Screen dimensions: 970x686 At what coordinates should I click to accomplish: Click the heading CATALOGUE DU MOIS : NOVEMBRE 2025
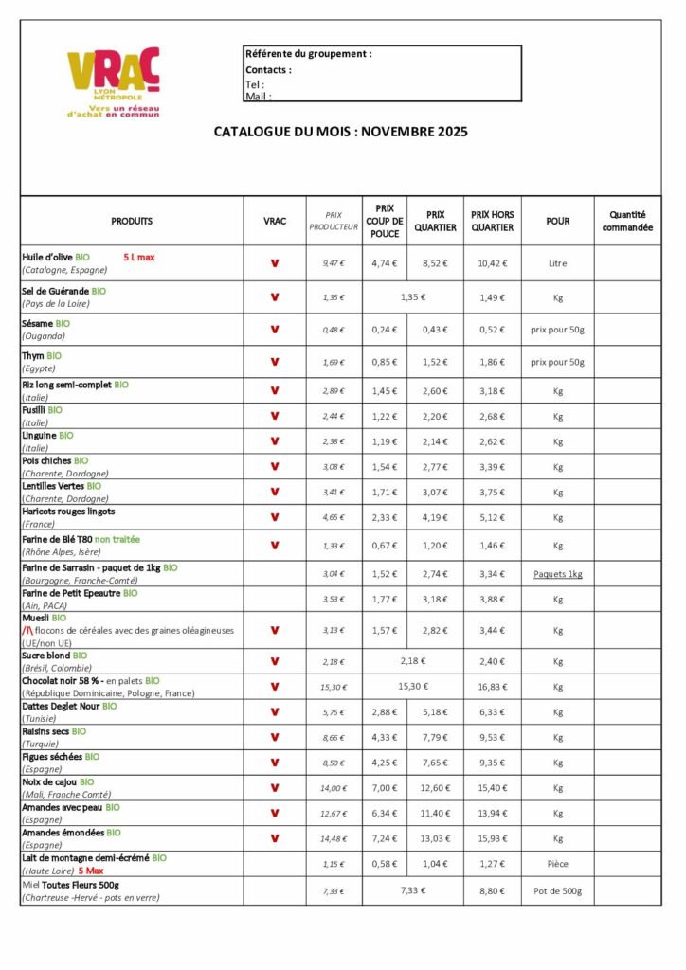tap(340, 132)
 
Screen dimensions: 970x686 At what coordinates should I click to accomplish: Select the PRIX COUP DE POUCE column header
tap(384, 221)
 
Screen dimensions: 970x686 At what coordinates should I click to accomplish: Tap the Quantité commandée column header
tap(627, 221)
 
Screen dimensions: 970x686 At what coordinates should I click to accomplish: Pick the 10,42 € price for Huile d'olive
tap(492, 263)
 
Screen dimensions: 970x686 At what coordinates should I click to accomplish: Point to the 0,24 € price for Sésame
tap(384, 330)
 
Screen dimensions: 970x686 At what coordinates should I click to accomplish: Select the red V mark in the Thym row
tap(275, 362)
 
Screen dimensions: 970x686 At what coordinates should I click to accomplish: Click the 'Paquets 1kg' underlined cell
tap(557, 574)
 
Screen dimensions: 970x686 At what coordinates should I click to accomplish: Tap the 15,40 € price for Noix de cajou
tap(492, 788)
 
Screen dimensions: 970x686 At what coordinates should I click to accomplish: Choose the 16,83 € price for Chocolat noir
tap(492, 687)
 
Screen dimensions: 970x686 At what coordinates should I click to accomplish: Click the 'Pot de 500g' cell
tap(557, 890)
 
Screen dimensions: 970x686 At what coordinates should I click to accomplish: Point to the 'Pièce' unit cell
tap(557, 864)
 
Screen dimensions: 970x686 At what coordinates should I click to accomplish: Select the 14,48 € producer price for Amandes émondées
tap(334, 838)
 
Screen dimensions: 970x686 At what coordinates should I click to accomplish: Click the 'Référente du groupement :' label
tap(308, 54)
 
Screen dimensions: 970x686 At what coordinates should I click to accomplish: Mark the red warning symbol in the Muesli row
tap(27, 630)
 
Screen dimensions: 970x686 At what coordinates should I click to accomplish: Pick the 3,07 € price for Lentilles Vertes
tap(435, 492)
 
